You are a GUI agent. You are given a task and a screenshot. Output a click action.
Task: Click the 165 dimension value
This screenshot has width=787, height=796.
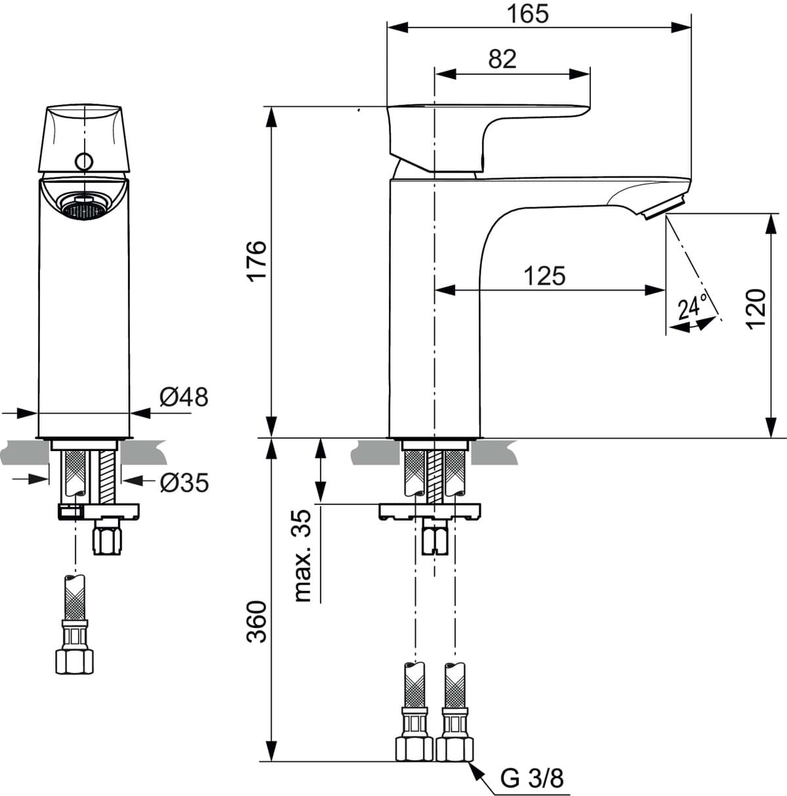click(528, 14)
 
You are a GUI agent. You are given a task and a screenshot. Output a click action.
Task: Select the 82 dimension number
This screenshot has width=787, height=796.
click(502, 59)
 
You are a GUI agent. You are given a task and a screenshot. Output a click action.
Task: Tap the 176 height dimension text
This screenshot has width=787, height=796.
click(256, 261)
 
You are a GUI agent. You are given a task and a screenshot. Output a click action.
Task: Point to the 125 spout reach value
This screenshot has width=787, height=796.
click(544, 276)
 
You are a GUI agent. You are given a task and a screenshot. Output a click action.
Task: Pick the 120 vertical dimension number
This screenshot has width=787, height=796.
click(756, 309)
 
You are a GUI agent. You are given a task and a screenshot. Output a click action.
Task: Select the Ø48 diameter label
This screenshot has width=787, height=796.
click(184, 397)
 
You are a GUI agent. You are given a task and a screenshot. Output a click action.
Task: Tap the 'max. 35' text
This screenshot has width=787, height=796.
click(302, 555)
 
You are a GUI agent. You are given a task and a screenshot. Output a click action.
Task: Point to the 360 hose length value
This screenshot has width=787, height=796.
click(256, 622)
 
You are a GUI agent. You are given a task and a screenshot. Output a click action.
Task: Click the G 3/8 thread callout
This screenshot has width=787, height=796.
click(532, 779)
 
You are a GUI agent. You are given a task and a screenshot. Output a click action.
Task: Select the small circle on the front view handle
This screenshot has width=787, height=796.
click(84, 161)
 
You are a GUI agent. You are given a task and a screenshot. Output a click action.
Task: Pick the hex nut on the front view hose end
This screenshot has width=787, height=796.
click(74, 662)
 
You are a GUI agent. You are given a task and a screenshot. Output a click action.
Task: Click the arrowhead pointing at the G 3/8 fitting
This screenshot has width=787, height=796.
click(476, 769)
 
